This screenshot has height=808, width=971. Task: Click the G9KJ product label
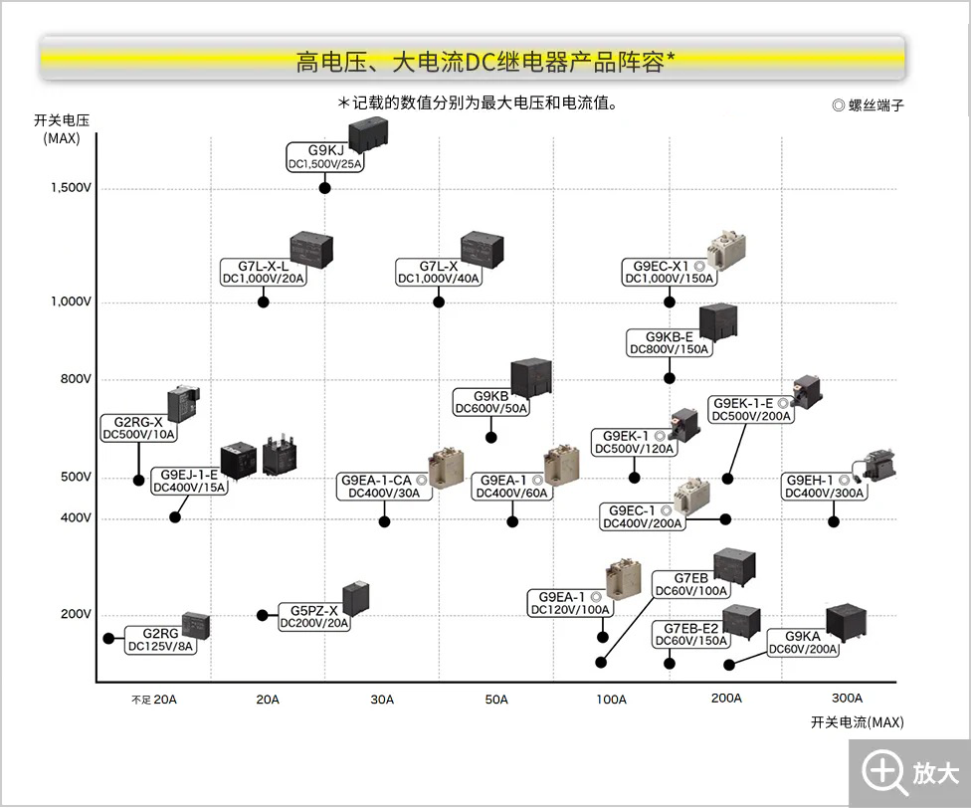pos(325,150)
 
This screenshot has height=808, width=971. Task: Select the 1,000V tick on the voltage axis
pos(71,302)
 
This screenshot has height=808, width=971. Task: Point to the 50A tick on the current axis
pos(496,700)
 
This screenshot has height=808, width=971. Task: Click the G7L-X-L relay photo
pos(310,248)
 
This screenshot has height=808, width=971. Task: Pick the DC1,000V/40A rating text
pos(439,279)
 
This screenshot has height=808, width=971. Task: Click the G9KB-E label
pos(669,336)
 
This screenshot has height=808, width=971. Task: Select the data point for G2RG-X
pos(139,481)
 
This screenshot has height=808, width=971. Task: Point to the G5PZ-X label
pos(314,610)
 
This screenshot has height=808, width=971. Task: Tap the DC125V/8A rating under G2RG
pos(161,647)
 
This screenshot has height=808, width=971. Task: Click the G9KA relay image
pos(851,622)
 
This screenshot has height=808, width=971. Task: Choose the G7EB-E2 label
pos(690,628)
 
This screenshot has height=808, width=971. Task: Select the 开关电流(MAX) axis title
pos(857,722)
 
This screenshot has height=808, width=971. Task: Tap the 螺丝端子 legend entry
pos(868,104)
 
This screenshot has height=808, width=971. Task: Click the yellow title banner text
pos(485,62)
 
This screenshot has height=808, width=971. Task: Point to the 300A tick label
pos(847,698)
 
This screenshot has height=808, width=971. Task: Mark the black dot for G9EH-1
pos(834,521)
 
